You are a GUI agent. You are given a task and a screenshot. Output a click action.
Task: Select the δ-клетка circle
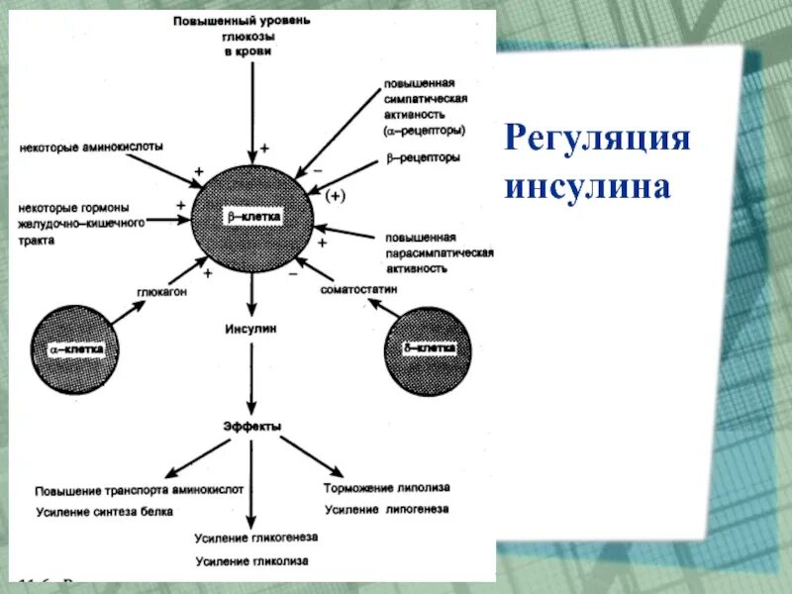[x=428, y=349]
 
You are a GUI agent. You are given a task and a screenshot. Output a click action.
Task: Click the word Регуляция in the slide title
[x=597, y=136]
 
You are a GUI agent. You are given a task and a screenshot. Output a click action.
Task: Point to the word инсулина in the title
[x=588, y=185]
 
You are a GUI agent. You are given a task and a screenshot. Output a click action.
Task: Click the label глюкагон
[x=162, y=292]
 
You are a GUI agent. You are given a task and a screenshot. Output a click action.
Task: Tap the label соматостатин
[x=358, y=289]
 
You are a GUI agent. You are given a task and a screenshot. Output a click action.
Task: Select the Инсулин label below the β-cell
[x=251, y=327]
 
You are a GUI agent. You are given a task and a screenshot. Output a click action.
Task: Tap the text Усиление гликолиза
[x=251, y=561]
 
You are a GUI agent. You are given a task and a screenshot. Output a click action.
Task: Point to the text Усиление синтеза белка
[x=104, y=512]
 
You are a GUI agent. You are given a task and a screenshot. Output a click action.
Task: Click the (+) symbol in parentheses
[x=335, y=197]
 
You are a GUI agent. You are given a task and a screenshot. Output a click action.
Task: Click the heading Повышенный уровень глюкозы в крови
[x=244, y=37]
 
